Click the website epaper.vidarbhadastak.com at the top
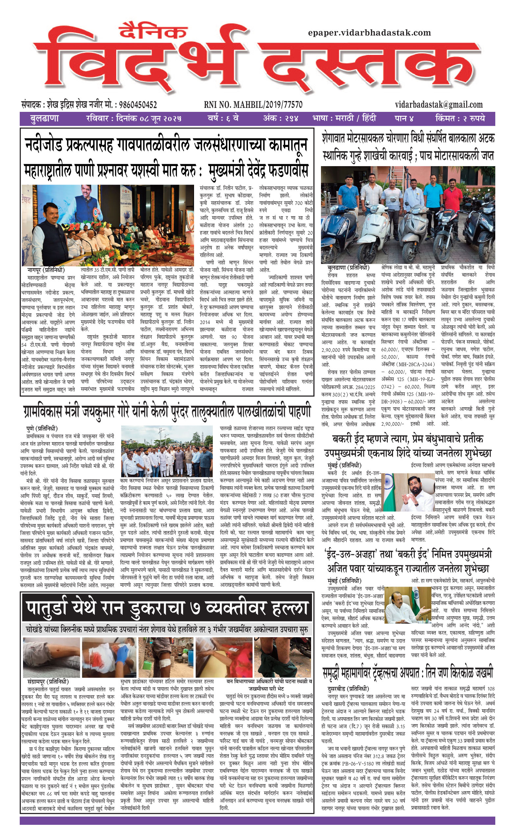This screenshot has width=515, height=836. point(369,33)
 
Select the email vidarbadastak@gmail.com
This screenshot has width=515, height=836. point(439,105)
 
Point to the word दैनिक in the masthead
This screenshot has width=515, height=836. point(153,32)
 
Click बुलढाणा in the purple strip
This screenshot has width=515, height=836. point(44,119)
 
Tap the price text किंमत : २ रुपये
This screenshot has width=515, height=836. point(460,119)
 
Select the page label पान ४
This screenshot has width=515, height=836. point(404,119)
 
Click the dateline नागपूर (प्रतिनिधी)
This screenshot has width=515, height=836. point(46,270)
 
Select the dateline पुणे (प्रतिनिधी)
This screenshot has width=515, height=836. point(42,429)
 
